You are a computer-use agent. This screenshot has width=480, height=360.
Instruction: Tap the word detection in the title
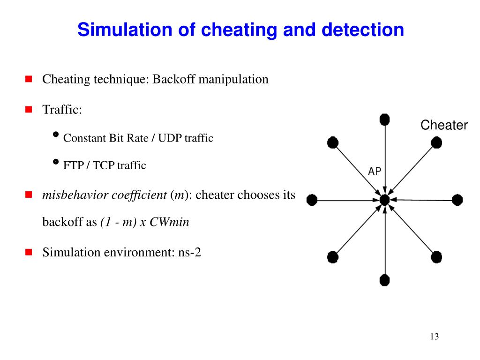coord(362,30)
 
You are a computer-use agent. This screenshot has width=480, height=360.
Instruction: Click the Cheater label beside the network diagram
coord(443,125)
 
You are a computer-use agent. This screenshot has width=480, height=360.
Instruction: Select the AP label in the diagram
coord(375,172)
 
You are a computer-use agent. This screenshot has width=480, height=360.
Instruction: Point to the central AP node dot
coord(385,200)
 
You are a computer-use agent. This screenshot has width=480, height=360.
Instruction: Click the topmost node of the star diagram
coord(384,120)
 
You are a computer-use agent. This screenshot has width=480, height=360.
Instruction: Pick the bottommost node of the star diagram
coord(384,280)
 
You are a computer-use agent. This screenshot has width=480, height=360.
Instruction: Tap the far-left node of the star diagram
coord(312,201)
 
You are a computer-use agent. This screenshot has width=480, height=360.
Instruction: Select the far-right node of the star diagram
coord(457,200)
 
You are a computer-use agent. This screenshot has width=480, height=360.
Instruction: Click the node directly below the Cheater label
coord(436,142)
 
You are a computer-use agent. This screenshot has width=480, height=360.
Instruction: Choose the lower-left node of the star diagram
coord(333,257)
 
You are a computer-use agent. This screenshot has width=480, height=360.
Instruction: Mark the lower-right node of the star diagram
coord(436,257)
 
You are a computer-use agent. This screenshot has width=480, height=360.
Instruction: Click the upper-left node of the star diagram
coord(333,142)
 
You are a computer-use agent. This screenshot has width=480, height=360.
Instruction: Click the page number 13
coord(434,337)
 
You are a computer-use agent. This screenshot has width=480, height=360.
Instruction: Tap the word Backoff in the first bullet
coord(173,79)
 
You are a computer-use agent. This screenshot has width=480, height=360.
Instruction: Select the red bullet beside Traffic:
coord(28,110)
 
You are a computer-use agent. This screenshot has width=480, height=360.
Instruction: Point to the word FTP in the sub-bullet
coord(73,165)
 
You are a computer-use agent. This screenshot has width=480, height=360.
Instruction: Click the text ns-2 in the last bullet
coord(189,253)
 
